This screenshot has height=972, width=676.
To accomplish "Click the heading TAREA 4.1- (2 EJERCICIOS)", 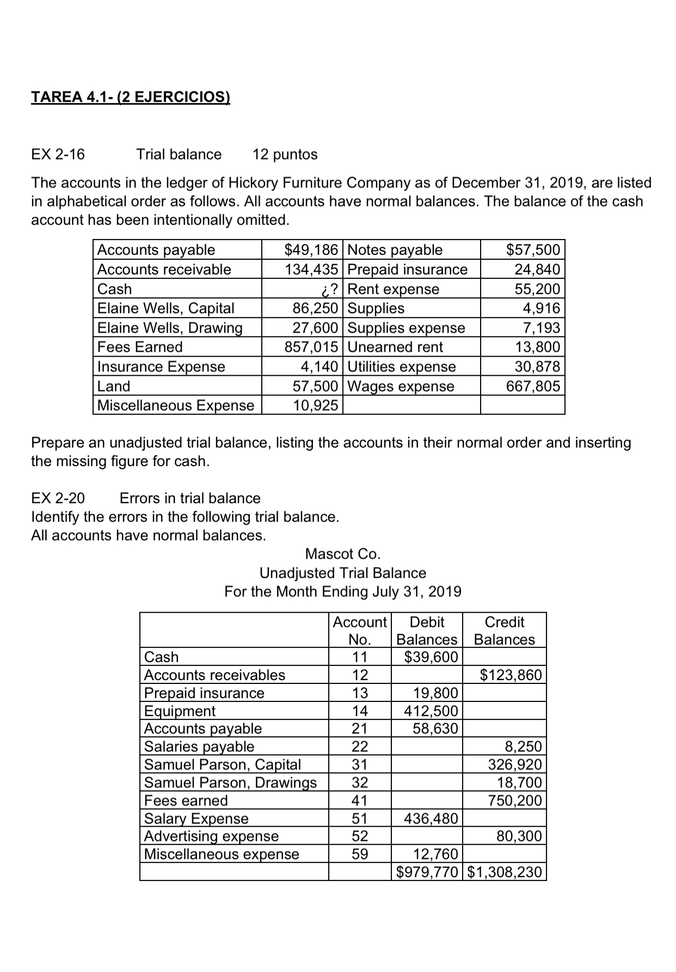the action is [131, 97].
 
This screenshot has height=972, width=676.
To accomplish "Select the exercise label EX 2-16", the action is [58, 154].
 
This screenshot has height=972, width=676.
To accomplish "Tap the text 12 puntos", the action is [285, 154].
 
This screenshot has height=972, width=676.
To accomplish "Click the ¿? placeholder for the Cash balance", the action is [329, 289].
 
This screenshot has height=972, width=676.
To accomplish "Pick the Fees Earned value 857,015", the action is [311, 347].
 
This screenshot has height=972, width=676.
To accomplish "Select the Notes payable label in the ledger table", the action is [395, 249].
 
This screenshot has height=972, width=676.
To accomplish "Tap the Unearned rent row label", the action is [395, 347].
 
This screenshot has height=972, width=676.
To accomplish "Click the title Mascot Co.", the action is [342, 554].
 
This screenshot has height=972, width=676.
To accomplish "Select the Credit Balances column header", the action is [504, 631].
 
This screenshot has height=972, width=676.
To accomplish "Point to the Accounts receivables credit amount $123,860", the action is [511, 675].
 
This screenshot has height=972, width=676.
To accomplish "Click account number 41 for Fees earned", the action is [359, 800].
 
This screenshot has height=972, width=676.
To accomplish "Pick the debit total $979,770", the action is [427, 872].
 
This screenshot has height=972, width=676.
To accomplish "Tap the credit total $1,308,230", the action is [504, 872].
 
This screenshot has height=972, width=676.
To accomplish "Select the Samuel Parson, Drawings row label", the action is [230, 783].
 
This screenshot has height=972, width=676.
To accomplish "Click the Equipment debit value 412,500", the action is [431, 711].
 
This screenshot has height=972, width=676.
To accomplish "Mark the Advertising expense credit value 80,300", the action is [519, 836].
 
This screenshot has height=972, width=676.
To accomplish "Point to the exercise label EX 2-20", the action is [58, 498].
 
